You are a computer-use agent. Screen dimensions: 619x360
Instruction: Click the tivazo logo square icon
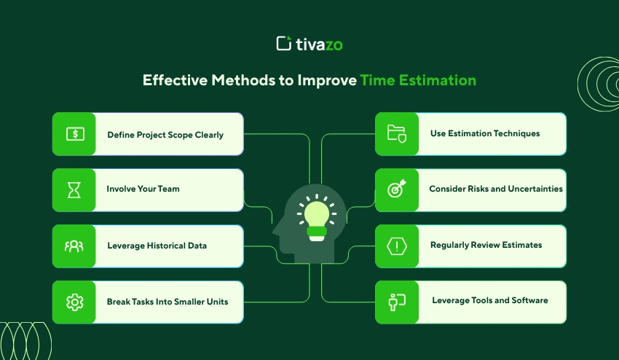click(x=284, y=44)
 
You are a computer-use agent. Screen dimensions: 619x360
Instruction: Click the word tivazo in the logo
click(x=320, y=44)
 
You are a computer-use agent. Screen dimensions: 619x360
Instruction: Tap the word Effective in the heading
click(x=175, y=80)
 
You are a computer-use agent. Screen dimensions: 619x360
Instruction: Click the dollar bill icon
click(x=75, y=134)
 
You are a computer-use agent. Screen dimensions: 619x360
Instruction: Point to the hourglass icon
click(x=74, y=190)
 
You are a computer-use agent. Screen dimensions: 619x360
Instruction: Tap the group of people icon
click(x=74, y=246)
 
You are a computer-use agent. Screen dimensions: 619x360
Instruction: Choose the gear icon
click(x=74, y=302)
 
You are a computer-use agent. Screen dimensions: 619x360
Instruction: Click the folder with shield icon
click(x=397, y=133)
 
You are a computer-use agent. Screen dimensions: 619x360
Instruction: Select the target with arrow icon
click(x=397, y=189)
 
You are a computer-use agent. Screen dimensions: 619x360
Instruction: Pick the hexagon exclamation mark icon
click(x=397, y=246)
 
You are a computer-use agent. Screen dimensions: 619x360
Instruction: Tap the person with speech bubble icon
click(x=397, y=302)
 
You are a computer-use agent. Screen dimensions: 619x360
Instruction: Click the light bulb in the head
click(x=317, y=218)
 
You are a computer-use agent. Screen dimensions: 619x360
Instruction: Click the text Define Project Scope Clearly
click(x=165, y=135)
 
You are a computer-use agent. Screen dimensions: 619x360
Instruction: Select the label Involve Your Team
click(x=143, y=189)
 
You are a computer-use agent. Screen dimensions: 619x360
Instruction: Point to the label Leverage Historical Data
click(x=157, y=246)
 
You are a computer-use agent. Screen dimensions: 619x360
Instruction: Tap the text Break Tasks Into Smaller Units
click(x=167, y=302)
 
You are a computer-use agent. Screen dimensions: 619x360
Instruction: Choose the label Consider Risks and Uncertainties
click(x=496, y=189)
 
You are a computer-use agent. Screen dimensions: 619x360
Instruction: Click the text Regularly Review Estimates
click(x=486, y=245)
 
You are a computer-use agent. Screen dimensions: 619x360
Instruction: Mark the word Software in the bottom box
click(x=529, y=300)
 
